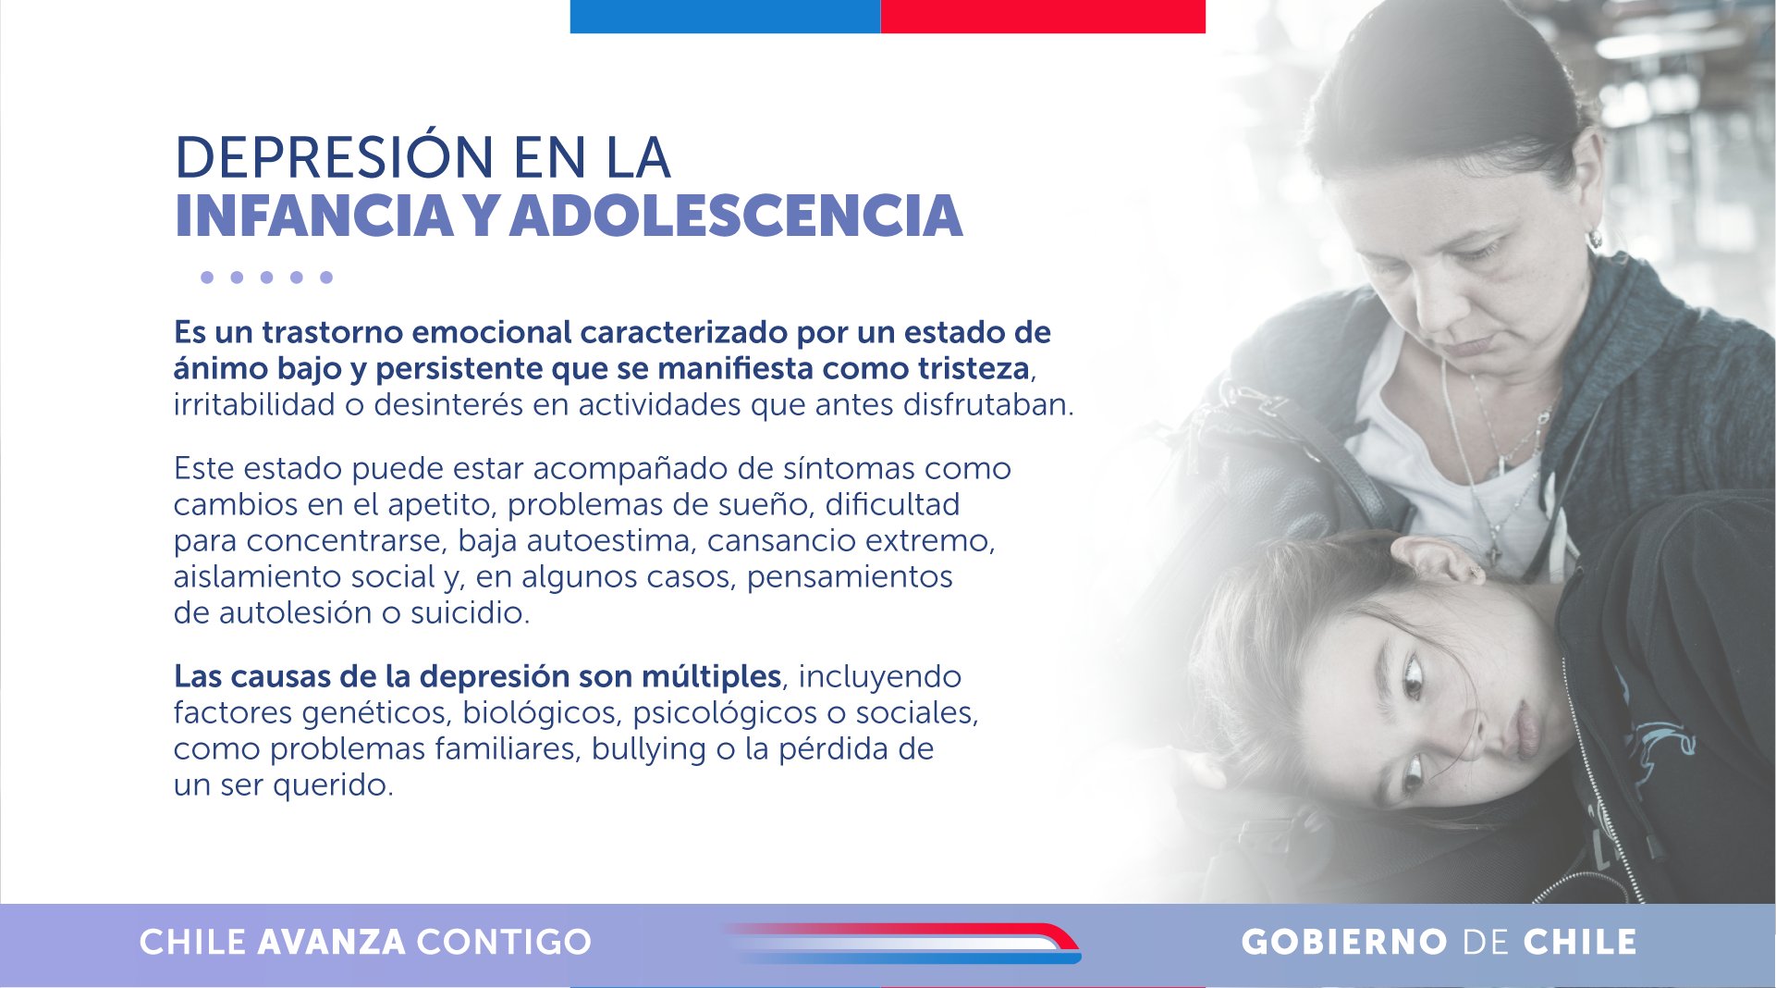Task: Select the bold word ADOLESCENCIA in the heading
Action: click(x=736, y=216)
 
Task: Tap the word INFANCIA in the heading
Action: click(x=313, y=216)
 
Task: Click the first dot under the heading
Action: click(x=207, y=278)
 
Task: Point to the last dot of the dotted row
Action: click(x=325, y=278)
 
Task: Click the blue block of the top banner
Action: click(x=725, y=17)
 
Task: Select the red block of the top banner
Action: click(x=1043, y=17)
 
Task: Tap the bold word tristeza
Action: click(x=974, y=368)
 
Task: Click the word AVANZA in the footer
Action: click(x=331, y=942)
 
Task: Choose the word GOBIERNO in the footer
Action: click(x=1344, y=942)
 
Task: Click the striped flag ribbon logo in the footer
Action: click(x=901, y=943)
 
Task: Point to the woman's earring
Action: click(x=1594, y=238)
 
